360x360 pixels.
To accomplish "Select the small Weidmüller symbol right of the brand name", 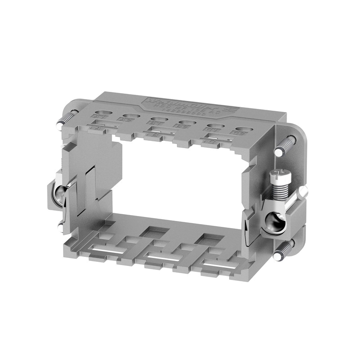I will click(x=228, y=109).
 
